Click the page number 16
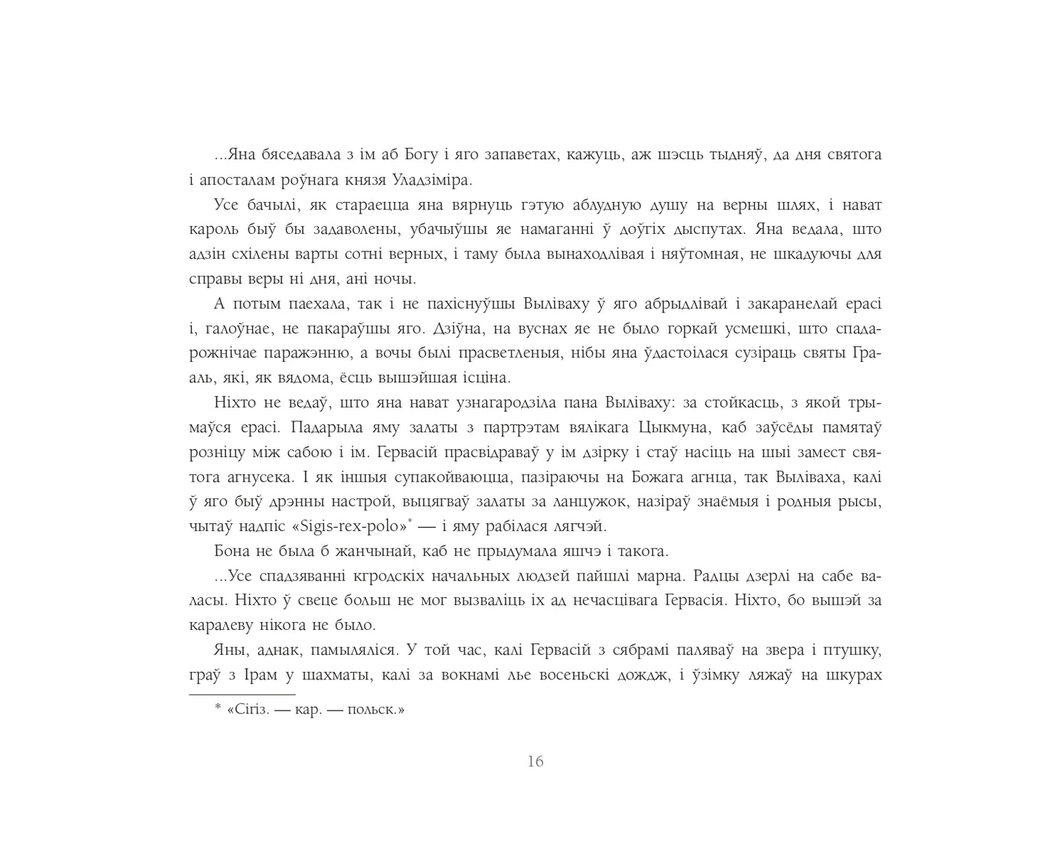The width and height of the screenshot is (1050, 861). [x=536, y=761]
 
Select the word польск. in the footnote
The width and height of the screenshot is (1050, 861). [x=376, y=710]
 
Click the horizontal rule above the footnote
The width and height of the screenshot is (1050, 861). [x=242, y=695]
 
